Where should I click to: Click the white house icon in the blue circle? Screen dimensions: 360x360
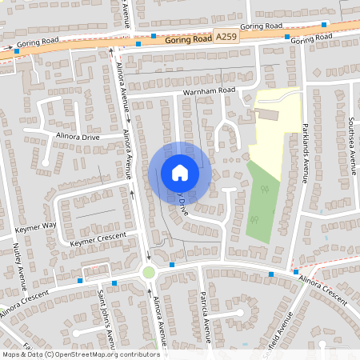(179, 172)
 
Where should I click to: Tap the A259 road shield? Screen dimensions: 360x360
(225, 36)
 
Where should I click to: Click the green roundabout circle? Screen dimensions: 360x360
(148, 272)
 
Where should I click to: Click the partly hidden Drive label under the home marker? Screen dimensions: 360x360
(182, 206)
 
